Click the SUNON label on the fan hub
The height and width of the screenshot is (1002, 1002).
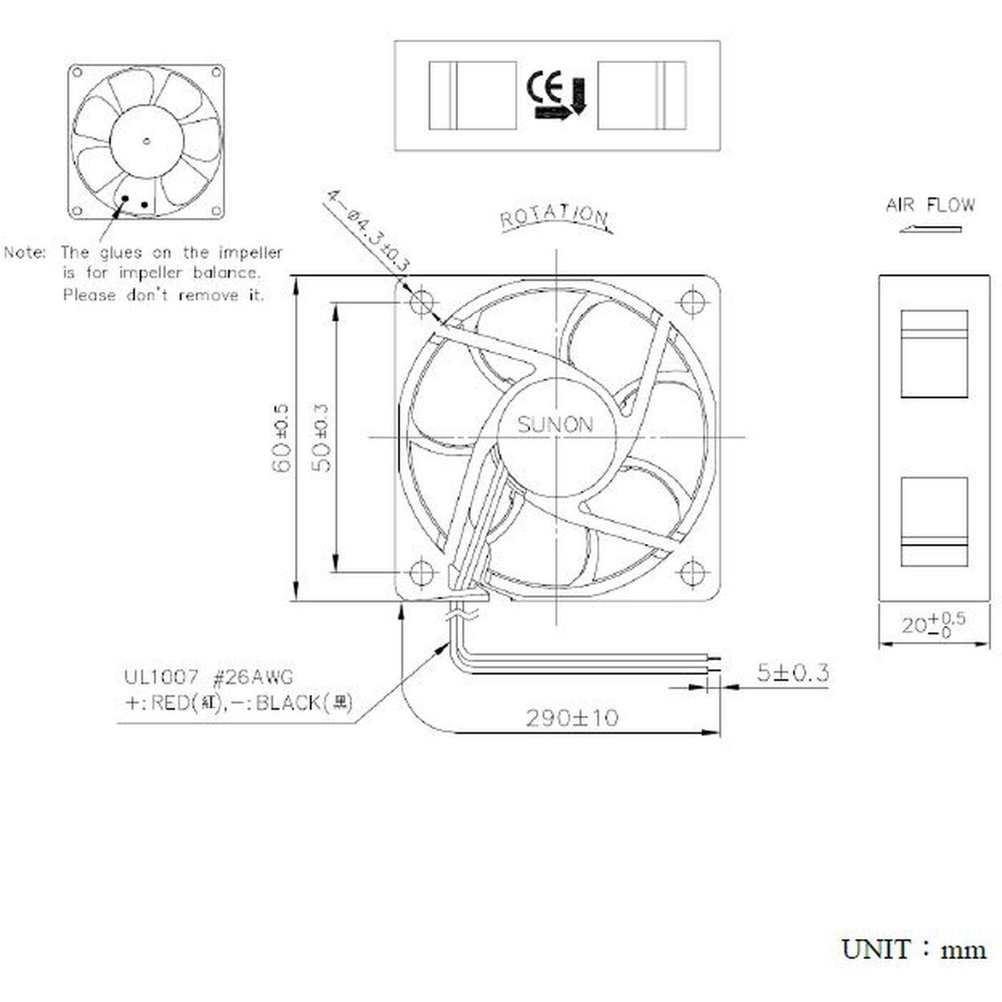(555, 425)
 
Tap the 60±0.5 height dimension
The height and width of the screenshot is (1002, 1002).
(281, 438)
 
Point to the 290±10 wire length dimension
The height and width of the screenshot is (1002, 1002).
(572, 717)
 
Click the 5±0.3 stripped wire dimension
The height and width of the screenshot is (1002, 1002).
(793, 673)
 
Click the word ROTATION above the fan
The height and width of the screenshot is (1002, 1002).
(554, 217)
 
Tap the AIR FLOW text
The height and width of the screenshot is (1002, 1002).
(930, 205)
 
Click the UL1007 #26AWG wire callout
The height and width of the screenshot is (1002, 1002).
(209, 676)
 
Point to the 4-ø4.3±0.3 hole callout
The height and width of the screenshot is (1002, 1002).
(368, 229)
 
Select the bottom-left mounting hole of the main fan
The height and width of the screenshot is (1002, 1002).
(422, 572)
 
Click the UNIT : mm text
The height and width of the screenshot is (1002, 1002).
(914, 950)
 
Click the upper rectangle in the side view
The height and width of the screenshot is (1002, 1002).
(934, 354)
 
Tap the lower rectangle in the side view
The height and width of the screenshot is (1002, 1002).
(934, 521)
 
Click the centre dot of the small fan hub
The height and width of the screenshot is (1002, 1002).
(146, 140)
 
